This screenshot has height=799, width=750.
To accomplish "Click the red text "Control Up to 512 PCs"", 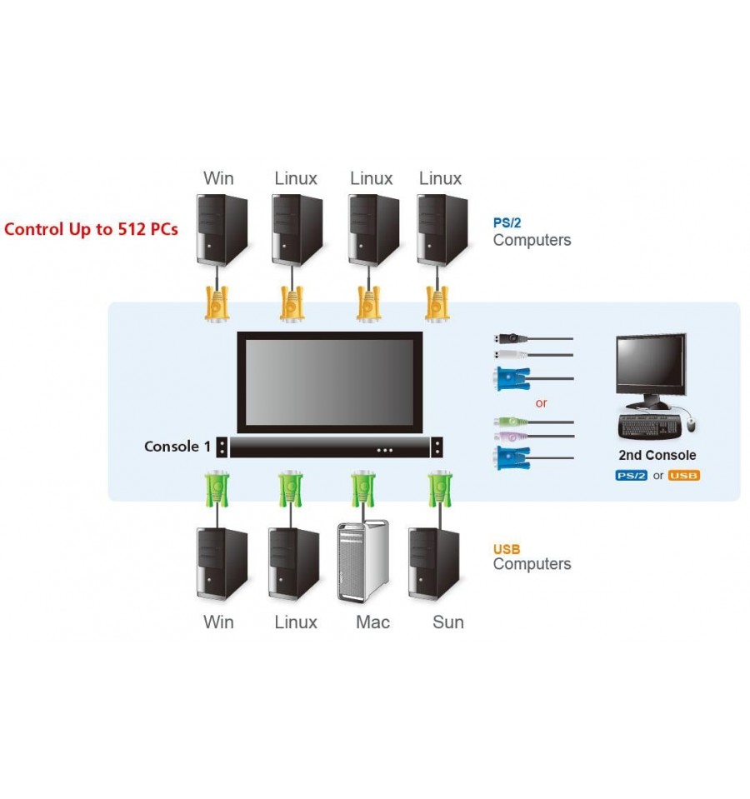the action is (91, 229).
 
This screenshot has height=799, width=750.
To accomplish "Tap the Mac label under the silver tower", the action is (372, 622).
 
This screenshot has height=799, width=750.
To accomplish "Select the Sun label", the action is (447, 622).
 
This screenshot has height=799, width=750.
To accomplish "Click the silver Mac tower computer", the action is (363, 561).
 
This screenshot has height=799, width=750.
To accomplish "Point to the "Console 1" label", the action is (177, 447).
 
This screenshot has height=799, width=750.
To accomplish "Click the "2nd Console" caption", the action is (657, 455).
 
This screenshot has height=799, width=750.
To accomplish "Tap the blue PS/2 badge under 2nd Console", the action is (631, 476).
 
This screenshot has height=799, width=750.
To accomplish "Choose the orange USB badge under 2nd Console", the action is (684, 476).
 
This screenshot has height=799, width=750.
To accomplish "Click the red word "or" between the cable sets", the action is (541, 403).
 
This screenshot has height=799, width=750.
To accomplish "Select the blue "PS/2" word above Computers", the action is (507, 222).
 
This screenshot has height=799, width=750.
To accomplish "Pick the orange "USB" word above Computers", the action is (507, 549).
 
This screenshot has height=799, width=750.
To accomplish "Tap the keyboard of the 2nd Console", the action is (649, 427).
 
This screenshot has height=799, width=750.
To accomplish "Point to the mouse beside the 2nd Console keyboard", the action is (691, 424).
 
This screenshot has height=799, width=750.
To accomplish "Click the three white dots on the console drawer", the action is (385, 450).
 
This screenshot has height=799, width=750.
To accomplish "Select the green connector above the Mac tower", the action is (363, 489).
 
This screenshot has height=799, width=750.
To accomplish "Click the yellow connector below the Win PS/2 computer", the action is (217, 304).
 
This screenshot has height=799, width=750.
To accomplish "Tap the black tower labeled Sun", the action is (434, 564).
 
